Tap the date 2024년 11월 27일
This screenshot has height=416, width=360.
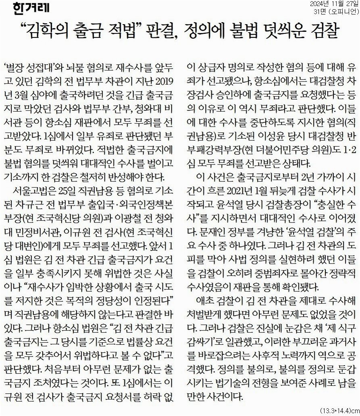(334, 4)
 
